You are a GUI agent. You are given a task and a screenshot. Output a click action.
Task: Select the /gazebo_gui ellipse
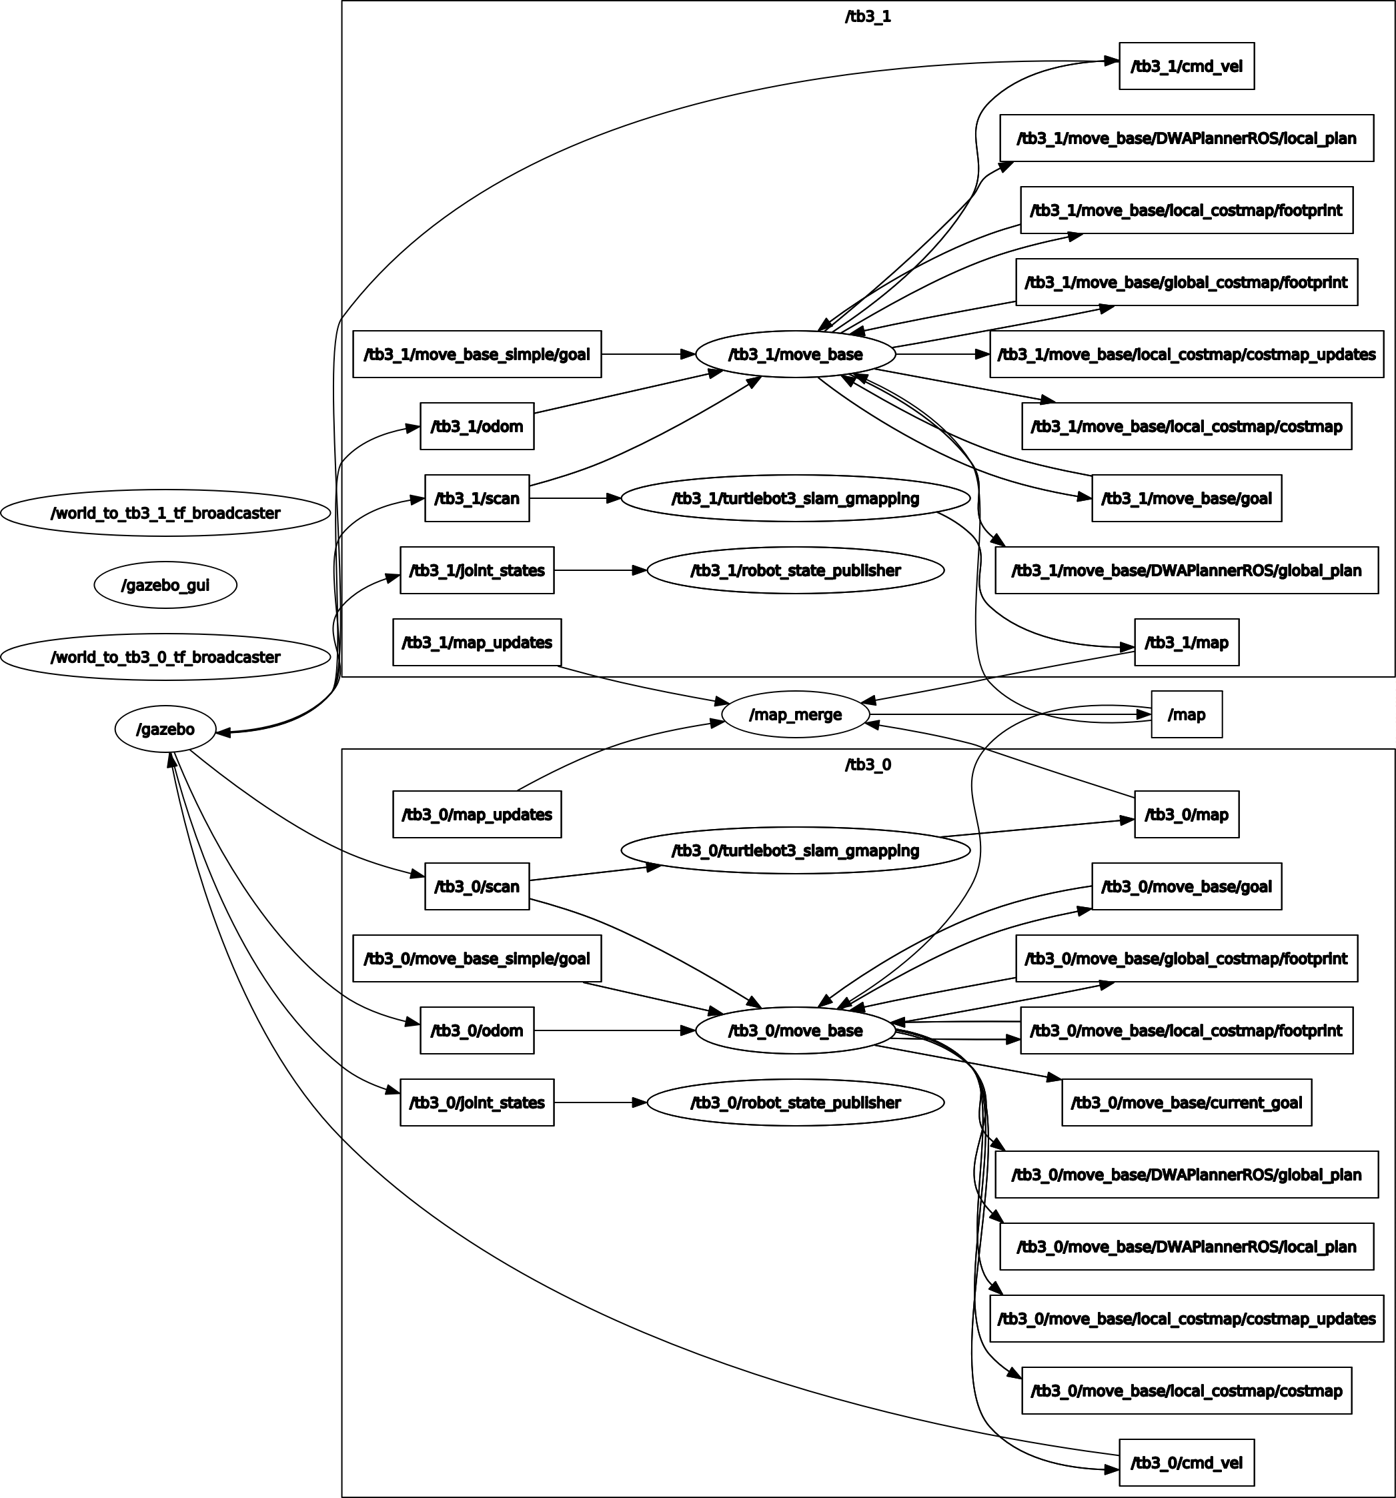(x=165, y=585)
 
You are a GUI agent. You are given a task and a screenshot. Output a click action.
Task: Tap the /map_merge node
(x=795, y=714)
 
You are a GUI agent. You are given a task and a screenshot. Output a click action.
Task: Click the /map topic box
(x=1186, y=714)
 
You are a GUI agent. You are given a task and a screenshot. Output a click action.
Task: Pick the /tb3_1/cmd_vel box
(x=1186, y=66)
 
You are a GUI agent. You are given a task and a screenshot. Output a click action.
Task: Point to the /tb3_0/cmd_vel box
(x=1186, y=1463)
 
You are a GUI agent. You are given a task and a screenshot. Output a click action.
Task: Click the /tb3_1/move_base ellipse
(x=795, y=354)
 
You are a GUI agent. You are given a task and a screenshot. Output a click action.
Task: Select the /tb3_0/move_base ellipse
(x=795, y=1030)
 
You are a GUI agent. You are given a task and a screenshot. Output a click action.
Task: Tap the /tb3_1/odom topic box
(x=476, y=426)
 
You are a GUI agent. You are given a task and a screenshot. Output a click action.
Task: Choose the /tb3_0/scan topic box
(x=476, y=886)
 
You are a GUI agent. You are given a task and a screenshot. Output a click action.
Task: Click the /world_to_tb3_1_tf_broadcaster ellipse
(x=165, y=513)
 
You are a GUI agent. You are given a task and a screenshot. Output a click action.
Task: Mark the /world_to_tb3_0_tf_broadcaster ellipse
(x=165, y=657)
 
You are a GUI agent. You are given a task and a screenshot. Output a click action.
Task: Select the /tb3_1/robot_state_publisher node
(x=795, y=570)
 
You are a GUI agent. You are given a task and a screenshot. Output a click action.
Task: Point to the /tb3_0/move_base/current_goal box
(x=1186, y=1102)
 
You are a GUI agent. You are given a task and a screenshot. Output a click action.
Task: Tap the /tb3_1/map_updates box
(x=476, y=642)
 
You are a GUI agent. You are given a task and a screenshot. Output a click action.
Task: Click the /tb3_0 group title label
(x=867, y=765)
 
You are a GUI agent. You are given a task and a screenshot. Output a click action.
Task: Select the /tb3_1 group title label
(x=867, y=17)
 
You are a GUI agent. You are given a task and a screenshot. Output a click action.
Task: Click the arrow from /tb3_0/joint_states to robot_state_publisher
(x=600, y=1102)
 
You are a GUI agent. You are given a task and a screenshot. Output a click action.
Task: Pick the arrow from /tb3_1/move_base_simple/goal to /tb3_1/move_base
(x=648, y=354)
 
